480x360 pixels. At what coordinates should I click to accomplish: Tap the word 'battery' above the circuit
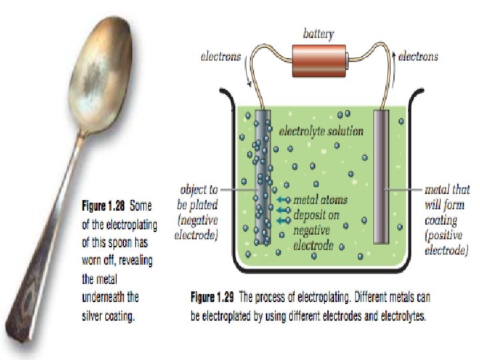point(319,33)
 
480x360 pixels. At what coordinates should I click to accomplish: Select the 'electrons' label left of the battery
point(221,57)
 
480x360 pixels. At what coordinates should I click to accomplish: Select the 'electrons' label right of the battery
point(418,57)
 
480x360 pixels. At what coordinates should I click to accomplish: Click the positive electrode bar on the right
point(381,177)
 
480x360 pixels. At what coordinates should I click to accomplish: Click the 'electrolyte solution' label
point(321,131)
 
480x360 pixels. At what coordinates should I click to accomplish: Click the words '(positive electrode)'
point(446,244)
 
